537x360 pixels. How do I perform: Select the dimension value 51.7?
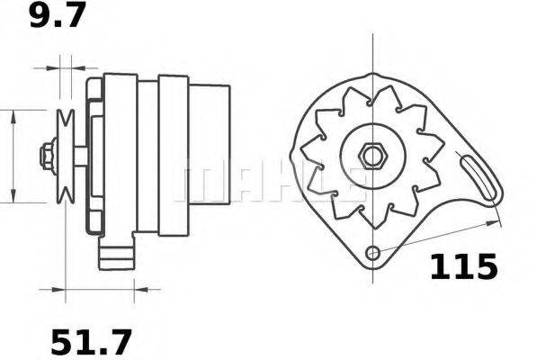[x=89, y=342]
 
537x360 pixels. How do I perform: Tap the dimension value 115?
[x=462, y=266]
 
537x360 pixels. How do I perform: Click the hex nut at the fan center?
[x=371, y=155]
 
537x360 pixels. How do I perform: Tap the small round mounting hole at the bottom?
[x=373, y=253]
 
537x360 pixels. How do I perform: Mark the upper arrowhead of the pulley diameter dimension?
[x=14, y=115]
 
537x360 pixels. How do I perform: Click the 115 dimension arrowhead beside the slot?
[x=493, y=219]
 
